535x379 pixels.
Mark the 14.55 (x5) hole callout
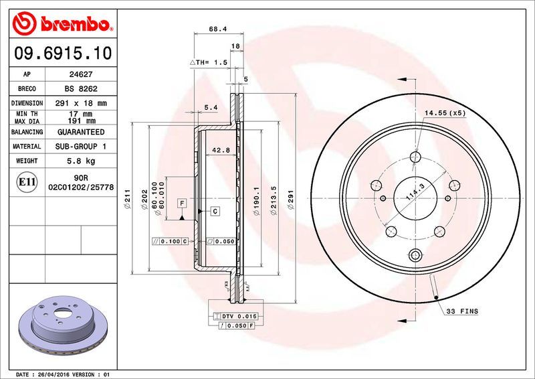tap(445, 113)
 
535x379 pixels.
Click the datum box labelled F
tap(181, 202)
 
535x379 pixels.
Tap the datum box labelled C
tap(215, 212)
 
